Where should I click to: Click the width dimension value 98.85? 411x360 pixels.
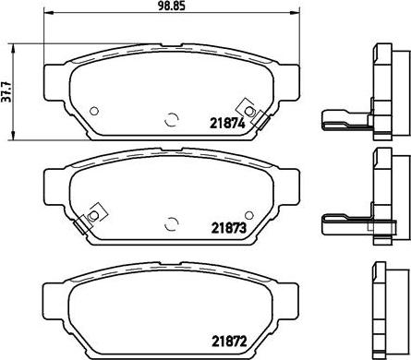172,6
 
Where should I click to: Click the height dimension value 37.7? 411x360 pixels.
6,92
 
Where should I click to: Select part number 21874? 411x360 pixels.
227,124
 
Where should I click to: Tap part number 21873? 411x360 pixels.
229,228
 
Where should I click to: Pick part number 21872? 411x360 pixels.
229,341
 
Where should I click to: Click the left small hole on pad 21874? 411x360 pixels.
94,111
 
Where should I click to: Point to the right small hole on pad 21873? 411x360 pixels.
249,215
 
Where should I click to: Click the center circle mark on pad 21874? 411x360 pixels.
172,120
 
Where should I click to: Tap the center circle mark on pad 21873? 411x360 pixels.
172,224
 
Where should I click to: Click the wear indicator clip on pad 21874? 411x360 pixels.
254,114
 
